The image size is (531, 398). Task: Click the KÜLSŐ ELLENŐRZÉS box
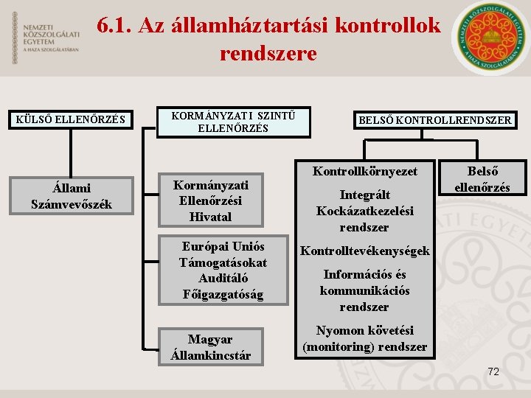(x=71, y=119)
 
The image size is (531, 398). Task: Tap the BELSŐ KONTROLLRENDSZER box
(x=434, y=120)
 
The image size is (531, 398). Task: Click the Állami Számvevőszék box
(x=72, y=196)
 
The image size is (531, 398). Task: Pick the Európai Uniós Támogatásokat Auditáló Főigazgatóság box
(x=223, y=270)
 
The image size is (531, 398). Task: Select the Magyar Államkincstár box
(x=210, y=347)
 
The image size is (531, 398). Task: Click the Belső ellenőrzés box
(x=482, y=178)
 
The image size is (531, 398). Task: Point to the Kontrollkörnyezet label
(x=364, y=171)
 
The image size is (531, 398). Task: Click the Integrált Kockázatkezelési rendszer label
(x=364, y=211)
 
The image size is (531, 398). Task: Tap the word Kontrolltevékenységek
(x=364, y=251)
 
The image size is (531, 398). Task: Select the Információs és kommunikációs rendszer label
(x=364, y=290)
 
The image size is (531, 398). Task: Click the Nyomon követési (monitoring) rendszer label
(x=364, y=338)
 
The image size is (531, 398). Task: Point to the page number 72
(x=493, y=371)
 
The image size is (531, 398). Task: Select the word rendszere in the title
(x=268, y=54)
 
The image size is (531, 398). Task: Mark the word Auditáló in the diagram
(x=223, y=278)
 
